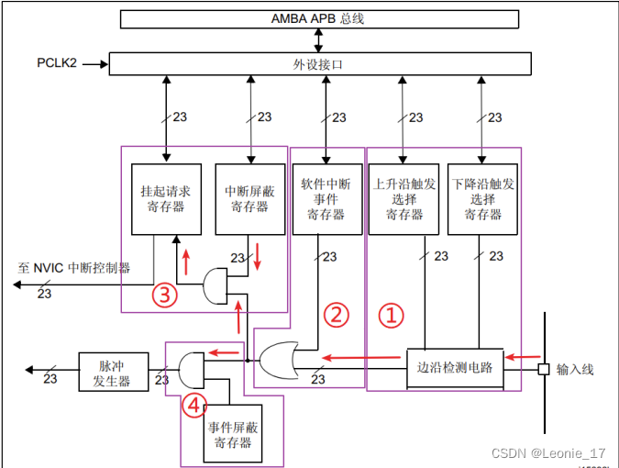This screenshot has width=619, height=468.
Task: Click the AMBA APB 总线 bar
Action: (x=317, y=18)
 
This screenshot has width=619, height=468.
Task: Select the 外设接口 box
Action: (x=319, y=63)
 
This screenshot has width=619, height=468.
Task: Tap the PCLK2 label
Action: (x=57, y=63)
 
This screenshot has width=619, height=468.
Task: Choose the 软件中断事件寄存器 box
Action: (x=326, y=199)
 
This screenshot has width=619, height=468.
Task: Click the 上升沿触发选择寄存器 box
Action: (x=404, y=199)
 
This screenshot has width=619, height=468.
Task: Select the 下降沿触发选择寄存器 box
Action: (x=483, y=199)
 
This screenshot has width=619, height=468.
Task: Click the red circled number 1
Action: (x=392, y=316)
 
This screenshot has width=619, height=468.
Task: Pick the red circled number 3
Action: (x=164, y=295)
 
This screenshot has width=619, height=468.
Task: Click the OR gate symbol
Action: (x=278, y=361)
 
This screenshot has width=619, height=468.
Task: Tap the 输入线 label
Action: (x=575, y=369)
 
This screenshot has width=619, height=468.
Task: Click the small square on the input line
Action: (x=543, y=369)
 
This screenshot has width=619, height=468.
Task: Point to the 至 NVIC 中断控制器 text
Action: (x=73, y=269)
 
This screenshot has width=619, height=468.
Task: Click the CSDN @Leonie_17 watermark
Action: (x=548, y=453)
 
